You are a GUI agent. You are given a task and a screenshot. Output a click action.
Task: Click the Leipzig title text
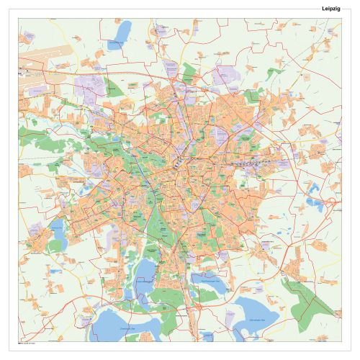(332, 8)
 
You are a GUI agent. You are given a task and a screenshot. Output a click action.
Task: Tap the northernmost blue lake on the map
(124, 31)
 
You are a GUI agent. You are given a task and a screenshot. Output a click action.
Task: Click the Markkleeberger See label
(209, 282)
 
